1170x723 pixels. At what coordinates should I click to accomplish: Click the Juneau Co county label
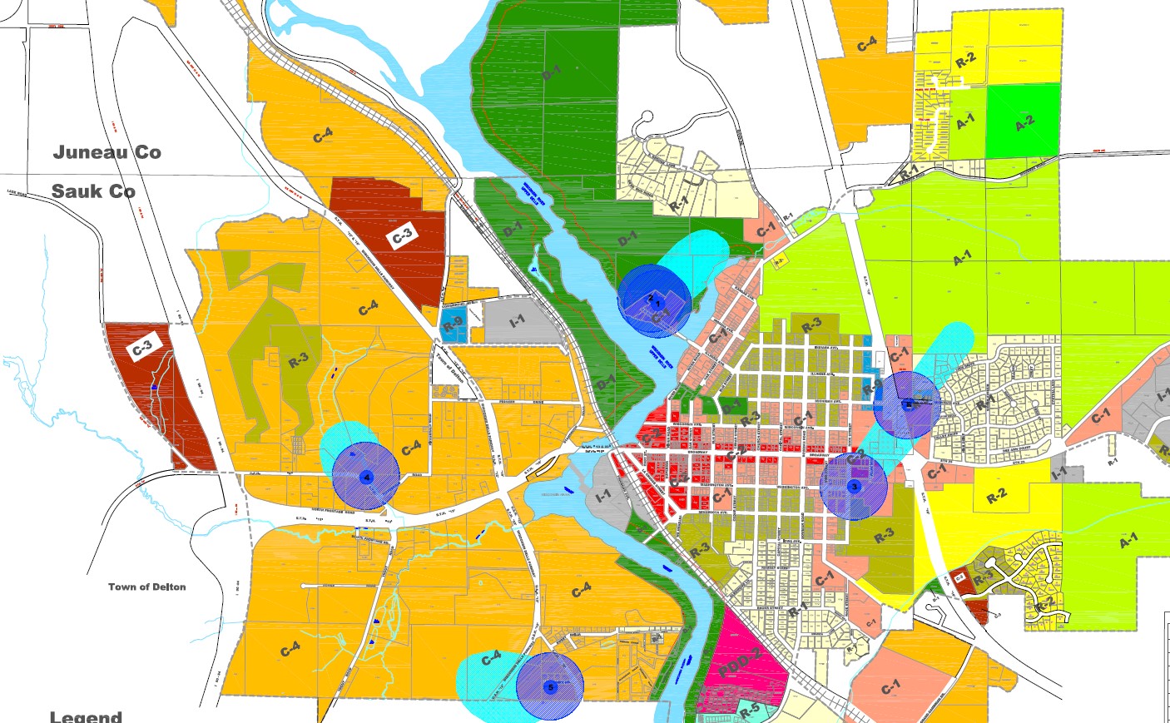click(107, 152)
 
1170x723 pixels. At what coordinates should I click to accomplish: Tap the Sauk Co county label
click(93, 191)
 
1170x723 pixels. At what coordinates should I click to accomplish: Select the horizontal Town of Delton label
click(146, 587)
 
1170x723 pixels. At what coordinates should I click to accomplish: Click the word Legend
click(86, 716)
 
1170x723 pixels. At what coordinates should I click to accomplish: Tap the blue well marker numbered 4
click(366, 477)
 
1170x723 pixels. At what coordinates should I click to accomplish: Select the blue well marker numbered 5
click(549, 686)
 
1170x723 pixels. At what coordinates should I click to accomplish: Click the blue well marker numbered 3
click(853, 486)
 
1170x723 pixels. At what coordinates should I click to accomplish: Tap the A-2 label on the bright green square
click(1024, 123)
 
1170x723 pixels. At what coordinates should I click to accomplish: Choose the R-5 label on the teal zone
click(750, 711)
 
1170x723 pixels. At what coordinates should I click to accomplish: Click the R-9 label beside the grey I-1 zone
click(453, 325)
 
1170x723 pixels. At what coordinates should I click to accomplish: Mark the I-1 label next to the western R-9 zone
click(517, 320)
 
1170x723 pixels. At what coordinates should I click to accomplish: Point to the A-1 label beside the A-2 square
click(964, 122)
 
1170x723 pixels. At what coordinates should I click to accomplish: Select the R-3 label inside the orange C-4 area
click(298, 360)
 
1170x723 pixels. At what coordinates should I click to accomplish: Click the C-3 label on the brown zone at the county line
click(402, 236)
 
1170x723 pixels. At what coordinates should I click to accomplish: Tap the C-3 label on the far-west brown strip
click(142, 347)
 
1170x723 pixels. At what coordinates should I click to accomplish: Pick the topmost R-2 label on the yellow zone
click(965, 60)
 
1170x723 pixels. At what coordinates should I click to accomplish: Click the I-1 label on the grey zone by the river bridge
click(602, 495)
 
